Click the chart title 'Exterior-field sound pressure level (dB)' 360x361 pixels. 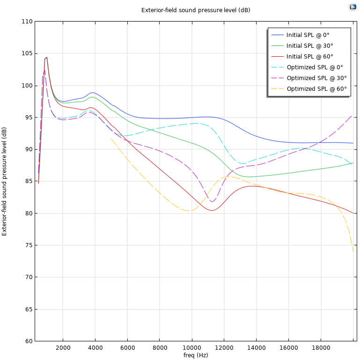196,10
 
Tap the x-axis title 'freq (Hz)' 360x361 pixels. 196,355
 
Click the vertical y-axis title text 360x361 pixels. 5,181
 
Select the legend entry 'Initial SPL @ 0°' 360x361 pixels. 308,35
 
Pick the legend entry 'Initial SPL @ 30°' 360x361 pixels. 309,46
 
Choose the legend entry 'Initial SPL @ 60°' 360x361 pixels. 309,57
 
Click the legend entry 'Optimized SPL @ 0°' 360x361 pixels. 315,67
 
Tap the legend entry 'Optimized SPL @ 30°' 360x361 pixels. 316,78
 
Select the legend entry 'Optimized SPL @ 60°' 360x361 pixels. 316,89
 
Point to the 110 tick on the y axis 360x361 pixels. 27,22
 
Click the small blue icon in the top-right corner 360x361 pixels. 353,7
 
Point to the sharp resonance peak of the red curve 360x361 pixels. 47,57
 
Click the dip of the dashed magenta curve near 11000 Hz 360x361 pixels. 213,201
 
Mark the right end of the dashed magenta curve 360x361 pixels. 352,115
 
